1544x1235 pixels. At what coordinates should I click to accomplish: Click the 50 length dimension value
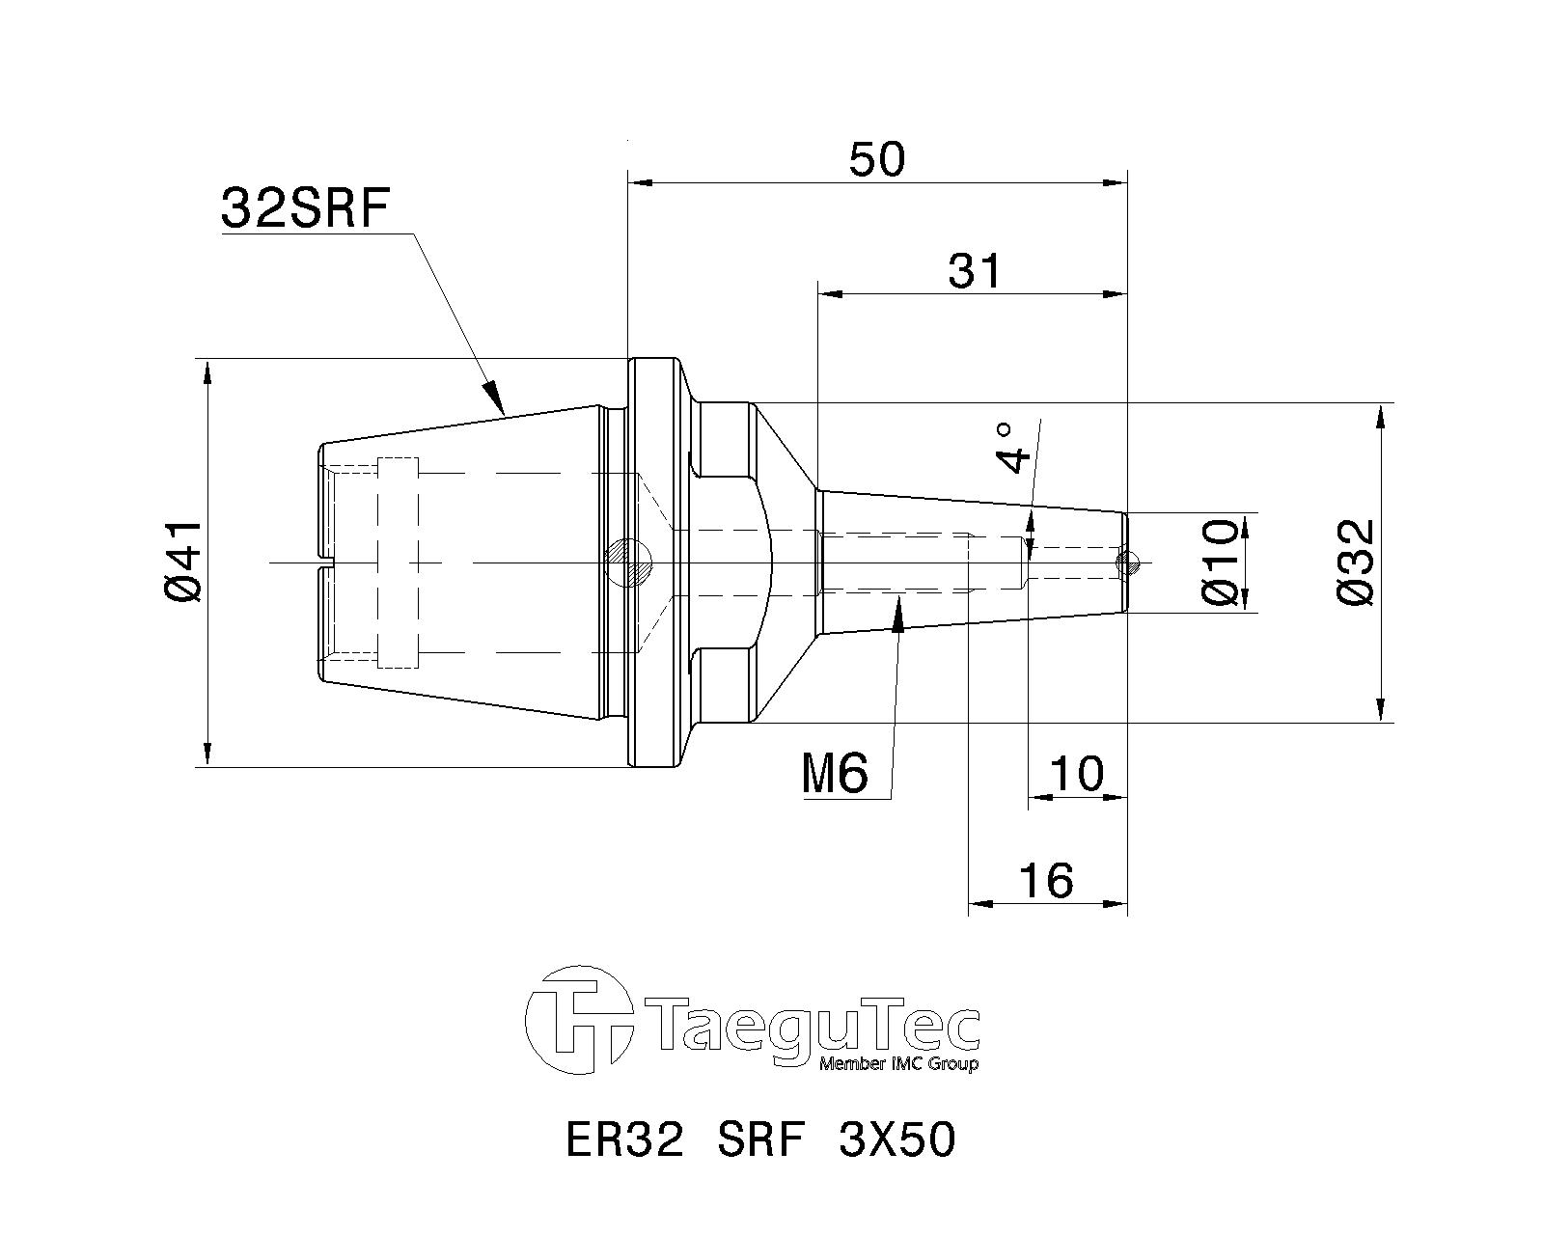point(877,159)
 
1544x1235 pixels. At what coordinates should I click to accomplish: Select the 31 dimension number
point(974,271)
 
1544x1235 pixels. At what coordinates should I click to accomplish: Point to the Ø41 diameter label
point(182,562)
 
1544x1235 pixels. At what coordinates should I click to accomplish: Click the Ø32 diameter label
point(1356,563)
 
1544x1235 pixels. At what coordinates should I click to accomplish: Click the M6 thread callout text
point(835,774)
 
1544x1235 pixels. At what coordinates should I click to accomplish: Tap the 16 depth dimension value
point(1047,881)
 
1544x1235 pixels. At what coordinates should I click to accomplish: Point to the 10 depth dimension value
point(1077,774)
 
